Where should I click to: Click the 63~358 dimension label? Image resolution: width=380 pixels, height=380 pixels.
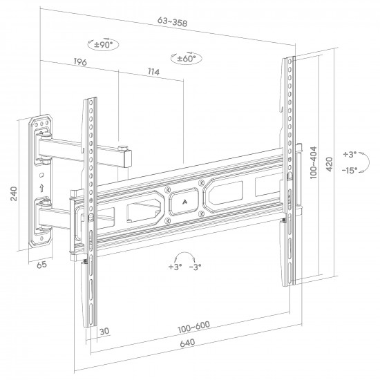coord(172,21)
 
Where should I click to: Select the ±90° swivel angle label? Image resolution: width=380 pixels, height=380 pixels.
coord(104,45)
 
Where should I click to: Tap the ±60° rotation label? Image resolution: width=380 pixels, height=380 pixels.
coord(187,59)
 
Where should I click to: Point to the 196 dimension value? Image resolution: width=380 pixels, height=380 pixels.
coord(80,61)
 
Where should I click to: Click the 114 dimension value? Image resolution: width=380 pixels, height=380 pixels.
coord(153,72)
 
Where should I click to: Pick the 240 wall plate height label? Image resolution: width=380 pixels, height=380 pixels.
coord(14,193)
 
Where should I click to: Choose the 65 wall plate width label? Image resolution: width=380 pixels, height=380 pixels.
coord(41,265)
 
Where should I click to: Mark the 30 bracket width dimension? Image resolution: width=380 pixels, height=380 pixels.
coord(104,331)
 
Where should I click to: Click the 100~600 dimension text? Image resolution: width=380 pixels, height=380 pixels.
coord(193,327)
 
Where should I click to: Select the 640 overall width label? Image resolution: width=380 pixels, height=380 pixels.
coord(187,343)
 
